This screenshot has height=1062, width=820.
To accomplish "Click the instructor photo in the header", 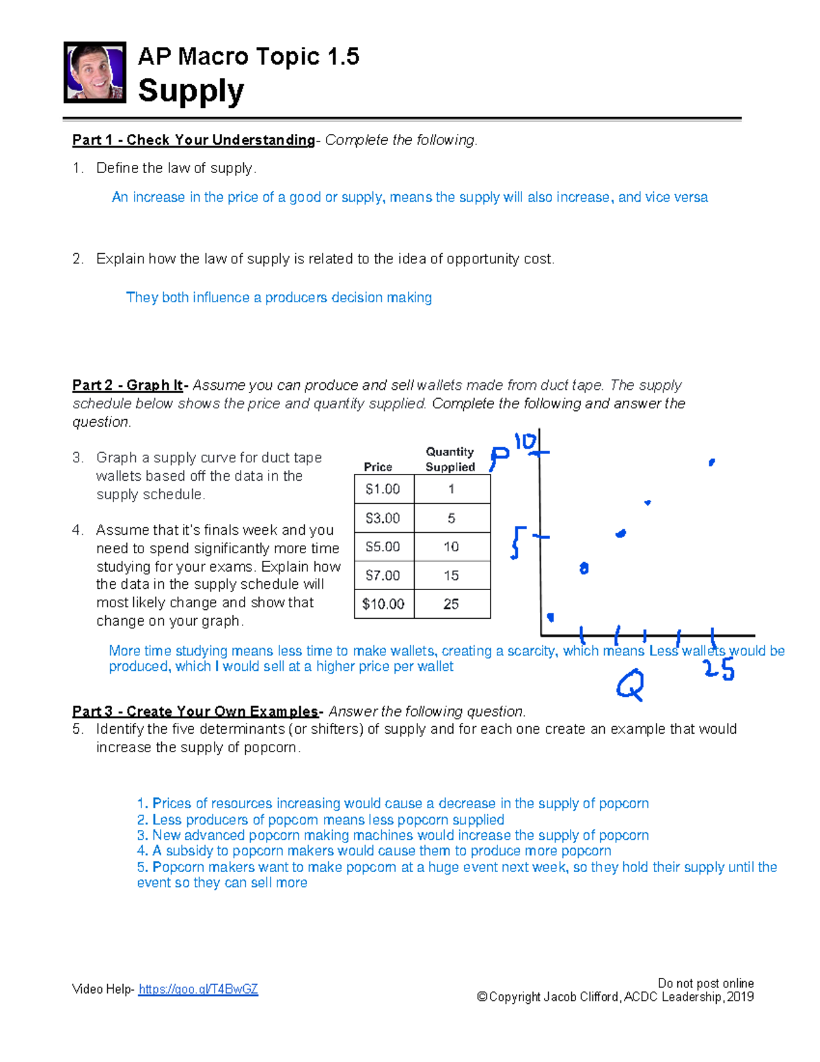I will (x=94, y=72).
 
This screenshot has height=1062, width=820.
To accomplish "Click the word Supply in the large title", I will (x=191, y=91).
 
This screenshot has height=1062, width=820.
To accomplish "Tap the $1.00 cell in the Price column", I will (x=383, y=489).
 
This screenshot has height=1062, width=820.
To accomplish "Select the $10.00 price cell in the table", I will (x=383, y=604).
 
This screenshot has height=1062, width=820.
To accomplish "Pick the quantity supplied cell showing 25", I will (x=451, y=604).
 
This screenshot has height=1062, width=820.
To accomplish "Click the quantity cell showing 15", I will (x=451, y=575).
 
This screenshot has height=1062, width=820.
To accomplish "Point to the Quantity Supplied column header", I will (x=450, y=459).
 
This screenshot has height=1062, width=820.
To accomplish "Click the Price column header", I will (x=378, y=466).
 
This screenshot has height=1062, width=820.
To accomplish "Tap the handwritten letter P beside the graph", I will (x=499, y=458).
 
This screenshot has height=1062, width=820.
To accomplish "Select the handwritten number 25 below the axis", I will (x=719, y=669).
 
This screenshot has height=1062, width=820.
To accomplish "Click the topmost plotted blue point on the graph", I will (x=711, y=463).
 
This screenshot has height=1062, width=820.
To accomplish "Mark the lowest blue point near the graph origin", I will (x=550, y=618).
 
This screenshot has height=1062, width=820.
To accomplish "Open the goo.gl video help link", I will (x=198, y=989).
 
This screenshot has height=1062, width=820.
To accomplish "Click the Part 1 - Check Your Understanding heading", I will (x=193, y=140).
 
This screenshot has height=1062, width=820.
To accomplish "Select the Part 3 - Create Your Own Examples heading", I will (x=195, y=711).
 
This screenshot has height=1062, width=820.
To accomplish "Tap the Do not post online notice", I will (x=705, y=983).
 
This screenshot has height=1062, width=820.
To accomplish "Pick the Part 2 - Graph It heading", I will (x=128, y=385).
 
